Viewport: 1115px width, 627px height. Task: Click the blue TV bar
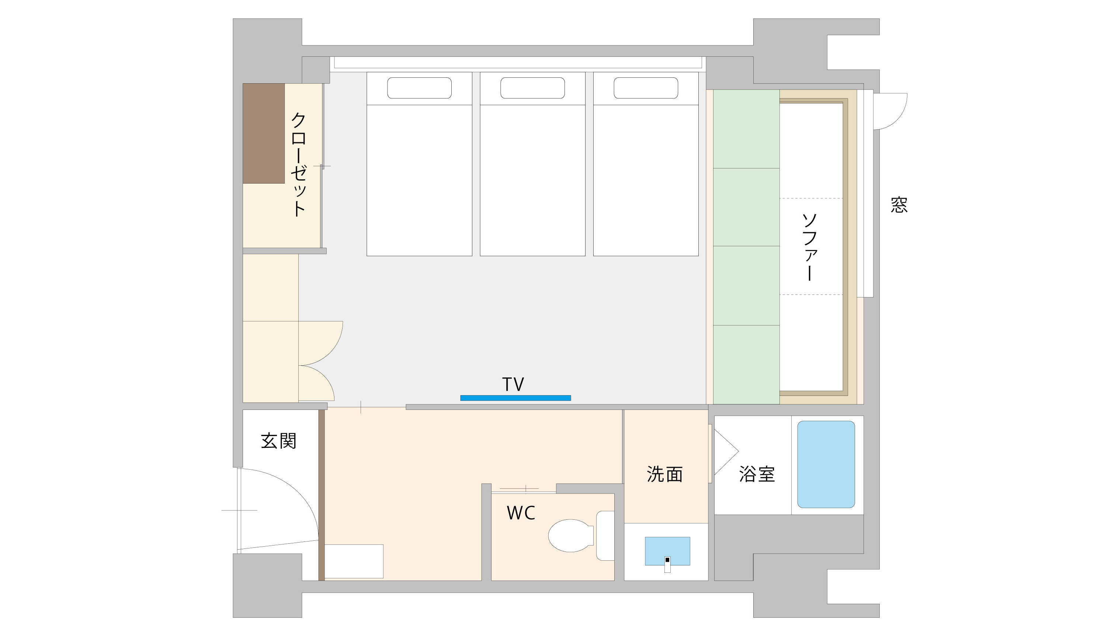[515, 398]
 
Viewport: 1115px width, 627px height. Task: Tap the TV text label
[513, 384]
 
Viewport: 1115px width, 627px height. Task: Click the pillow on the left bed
[419, 88]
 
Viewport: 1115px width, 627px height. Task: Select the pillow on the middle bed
[532, 88]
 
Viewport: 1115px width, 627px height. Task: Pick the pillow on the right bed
[645, 88]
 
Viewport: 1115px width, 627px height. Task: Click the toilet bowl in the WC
[570, 535]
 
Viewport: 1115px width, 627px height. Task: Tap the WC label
[521, 513]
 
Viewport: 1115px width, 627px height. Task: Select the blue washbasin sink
[667, 550]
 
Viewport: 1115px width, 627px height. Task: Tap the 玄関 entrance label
[279, 441]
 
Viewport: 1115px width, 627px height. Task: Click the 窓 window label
[899, 205]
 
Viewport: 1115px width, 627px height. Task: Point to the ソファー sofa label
[809, 247]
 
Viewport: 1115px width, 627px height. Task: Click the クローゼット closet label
[299, 164]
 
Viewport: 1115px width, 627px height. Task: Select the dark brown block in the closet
[264, 133]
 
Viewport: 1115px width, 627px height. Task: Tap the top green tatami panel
[746, 129]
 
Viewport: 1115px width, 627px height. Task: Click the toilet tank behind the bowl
[605, 536]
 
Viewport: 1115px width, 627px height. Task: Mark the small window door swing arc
[892, 112]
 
